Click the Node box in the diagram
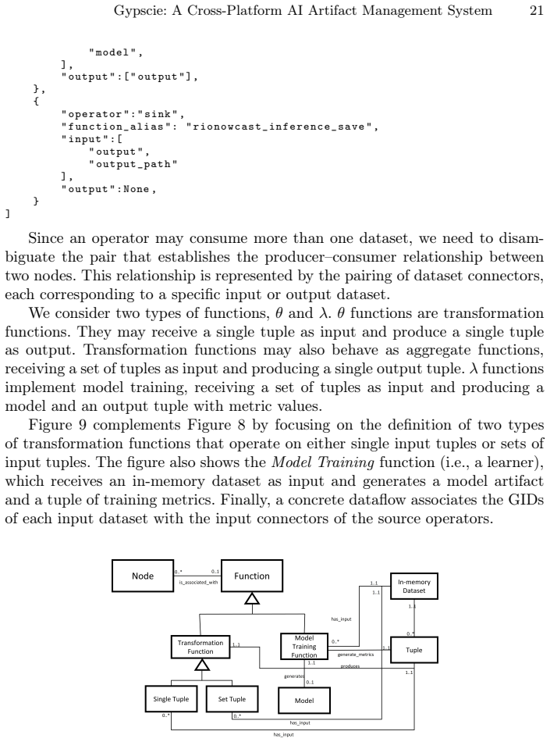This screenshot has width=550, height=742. (x=143, y=576)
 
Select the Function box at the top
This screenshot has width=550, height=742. (x=252, y=576)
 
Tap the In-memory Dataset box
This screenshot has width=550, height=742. (x=414, y=587)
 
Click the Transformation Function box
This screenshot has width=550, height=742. (x=200, y=647)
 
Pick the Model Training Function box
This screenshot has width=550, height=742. (x=303, y=647)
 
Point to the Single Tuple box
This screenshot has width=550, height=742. (x=171, y=699)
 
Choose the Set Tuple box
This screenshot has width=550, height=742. (x=232, y=699)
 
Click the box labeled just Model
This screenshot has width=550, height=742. (x=303, y=701)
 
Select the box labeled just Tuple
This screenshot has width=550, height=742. (x=414, y=650)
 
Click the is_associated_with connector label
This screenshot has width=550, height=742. (x=198, y=582)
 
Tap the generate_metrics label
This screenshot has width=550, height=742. (x=355, y=655)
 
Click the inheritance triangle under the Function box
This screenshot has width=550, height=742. (x=252, y=598)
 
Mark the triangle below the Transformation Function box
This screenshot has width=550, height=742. (x=202, y=665)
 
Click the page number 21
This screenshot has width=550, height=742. (x=536, y=10)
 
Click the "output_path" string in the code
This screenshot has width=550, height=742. (x=133, y=164)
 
